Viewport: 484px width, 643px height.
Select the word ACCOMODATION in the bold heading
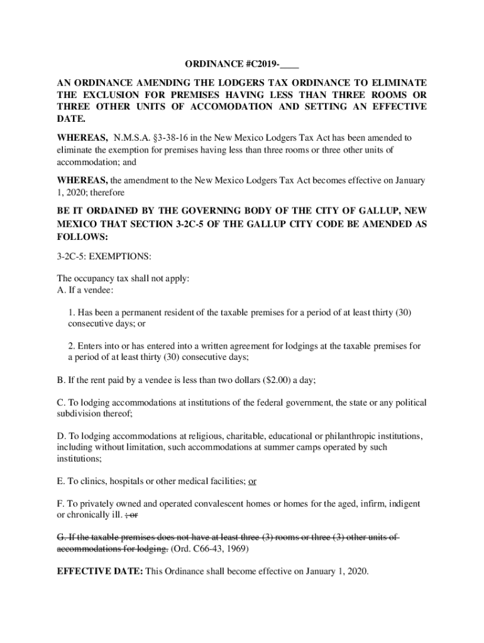tap(231, 107)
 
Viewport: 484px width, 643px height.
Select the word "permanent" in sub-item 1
tap(146, 312)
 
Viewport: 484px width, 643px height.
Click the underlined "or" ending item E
tap(252, 482)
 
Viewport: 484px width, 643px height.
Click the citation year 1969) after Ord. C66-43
tap(236, 549)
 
